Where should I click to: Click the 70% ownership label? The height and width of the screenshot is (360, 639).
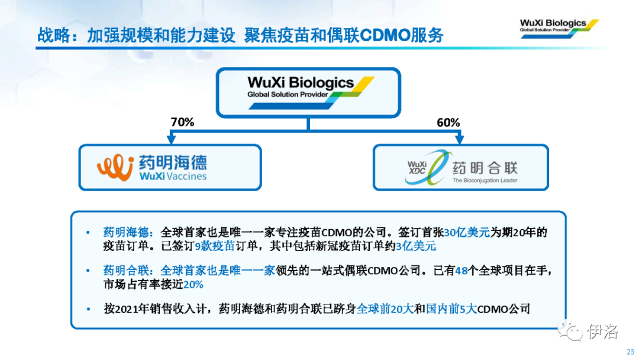[182, 122]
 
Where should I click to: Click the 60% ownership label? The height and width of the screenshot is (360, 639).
[448, 123]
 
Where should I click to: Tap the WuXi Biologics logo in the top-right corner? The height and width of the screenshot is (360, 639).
[559, 28]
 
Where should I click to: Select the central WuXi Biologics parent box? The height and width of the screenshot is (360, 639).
[308, 93]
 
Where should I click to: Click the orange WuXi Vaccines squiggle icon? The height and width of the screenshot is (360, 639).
[115, 167]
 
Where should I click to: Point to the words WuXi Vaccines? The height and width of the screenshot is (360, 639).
[173, 176]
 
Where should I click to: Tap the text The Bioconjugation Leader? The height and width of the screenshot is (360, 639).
[485, 180]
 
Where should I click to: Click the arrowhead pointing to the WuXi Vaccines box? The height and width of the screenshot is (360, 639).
[172, 139]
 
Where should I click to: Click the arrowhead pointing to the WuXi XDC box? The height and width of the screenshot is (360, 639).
[460, 139]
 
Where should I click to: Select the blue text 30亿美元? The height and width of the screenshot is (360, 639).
[467, 232]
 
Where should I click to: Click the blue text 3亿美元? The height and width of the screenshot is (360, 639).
[416, 246]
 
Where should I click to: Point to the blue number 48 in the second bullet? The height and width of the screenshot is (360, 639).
[461, 271]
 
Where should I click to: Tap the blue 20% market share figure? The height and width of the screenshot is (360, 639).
[193, 284]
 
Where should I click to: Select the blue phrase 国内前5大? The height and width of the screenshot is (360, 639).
[451, 308]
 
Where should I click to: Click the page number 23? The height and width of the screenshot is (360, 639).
[631, 352]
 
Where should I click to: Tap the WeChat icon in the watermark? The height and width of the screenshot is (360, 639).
[570, 330]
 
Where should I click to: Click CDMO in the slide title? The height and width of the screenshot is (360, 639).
[385, 35]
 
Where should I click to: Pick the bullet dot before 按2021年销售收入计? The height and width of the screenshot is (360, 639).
[88, 309]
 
